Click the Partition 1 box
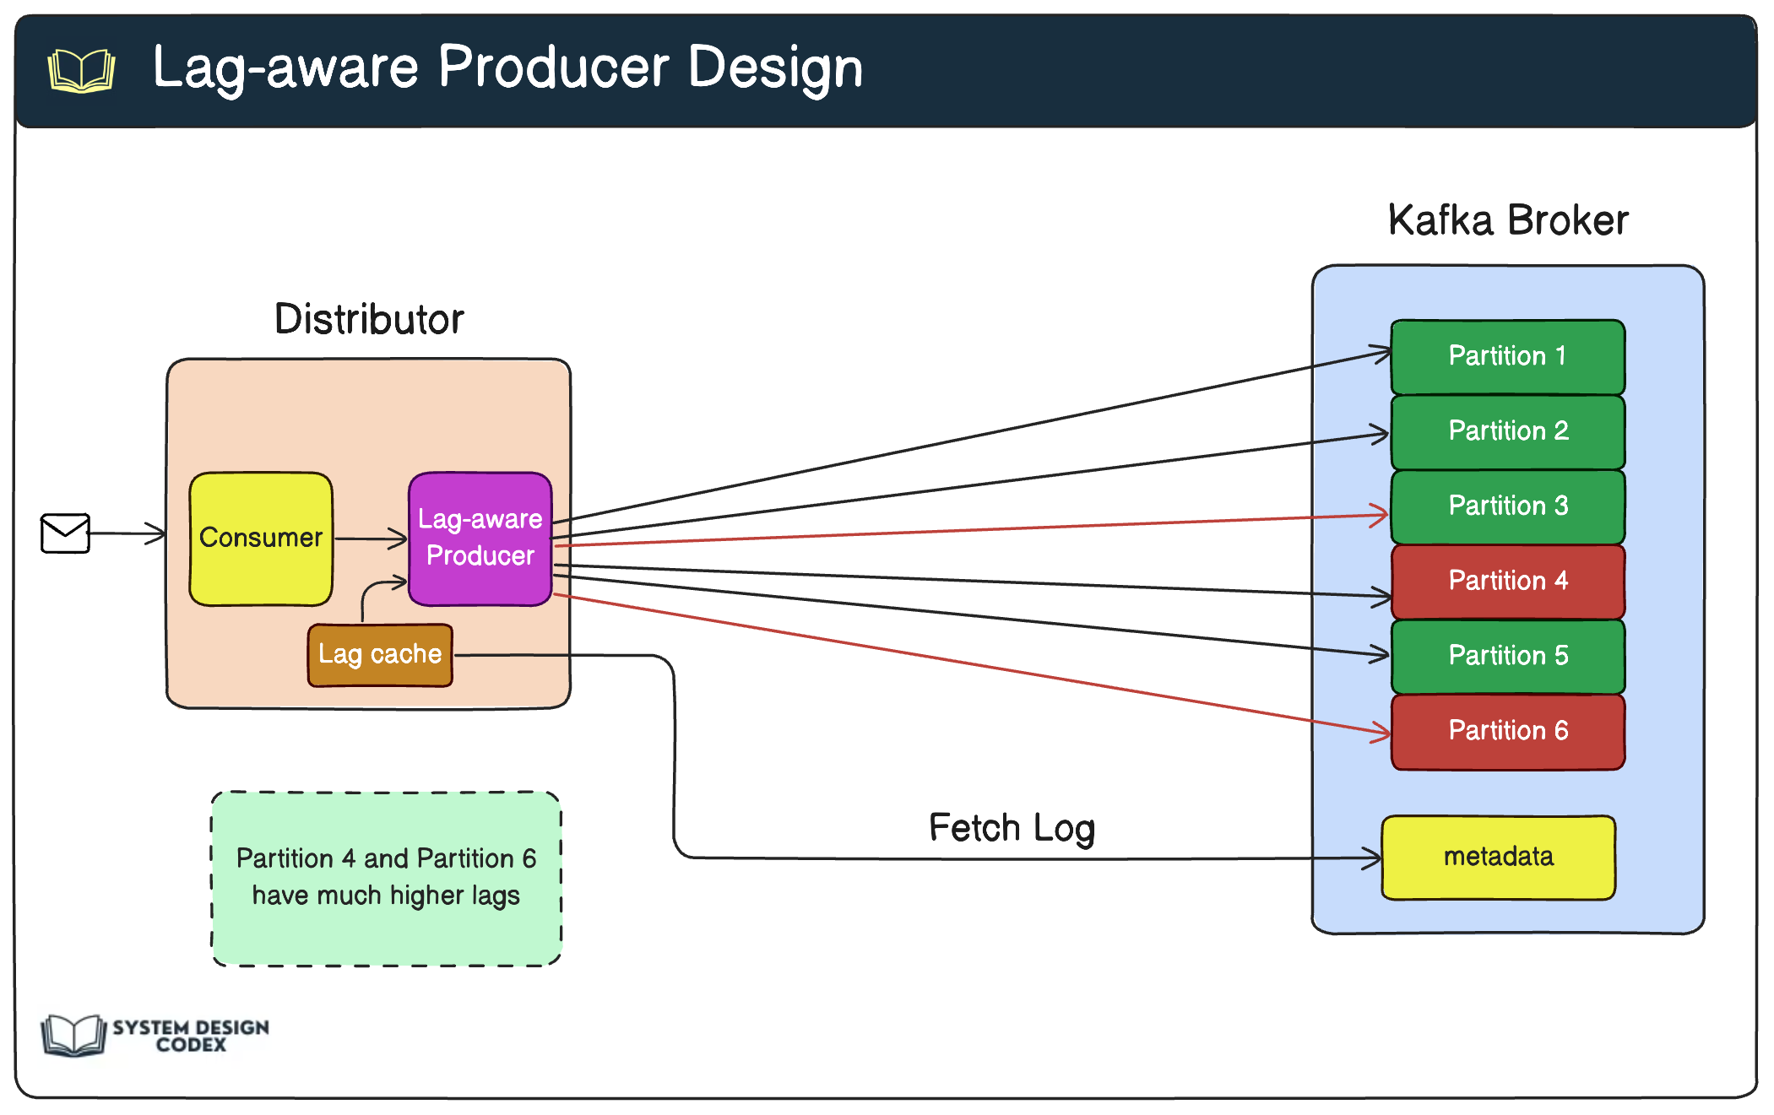(x=1507, y=356)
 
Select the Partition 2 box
(x=1507, y=431)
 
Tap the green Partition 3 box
(x=1507, y=506)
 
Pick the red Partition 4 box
(x=1507, y=581)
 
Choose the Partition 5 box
(x=1507, y=656)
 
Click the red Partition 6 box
(x=1507, y=731)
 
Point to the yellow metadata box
(x=1498, y=857)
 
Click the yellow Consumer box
(x=261, y=539)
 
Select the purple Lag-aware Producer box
(x=480, y=539)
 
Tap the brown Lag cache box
(x=380, y=655)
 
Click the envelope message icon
(x=65, y=533)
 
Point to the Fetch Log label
(x=1012, y=828)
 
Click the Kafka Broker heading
(x=1507, y=221)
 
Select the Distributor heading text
(x=369, y=320)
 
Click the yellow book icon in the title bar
(x=81, y=70)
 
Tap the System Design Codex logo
(x=155, y=1036)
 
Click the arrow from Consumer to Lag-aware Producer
(x=370, y=539)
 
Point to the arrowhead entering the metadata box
(x=1373, y=859)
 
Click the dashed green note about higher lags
(x=386, y=878)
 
